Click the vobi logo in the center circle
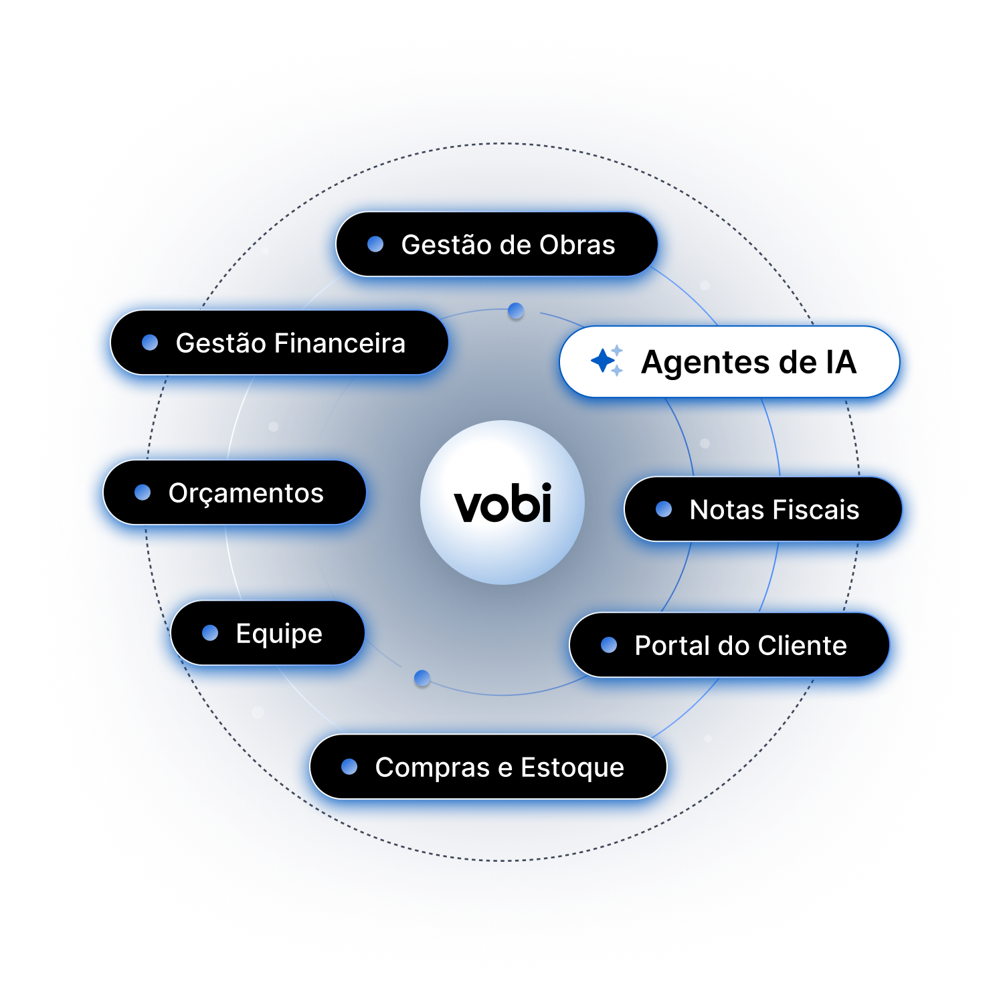(502, 503)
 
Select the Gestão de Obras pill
(496, 244)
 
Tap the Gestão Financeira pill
(279, 343)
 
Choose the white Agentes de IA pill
(729, 362)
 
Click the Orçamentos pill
(234, 492)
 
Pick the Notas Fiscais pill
(763, 509)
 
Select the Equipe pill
(268, 633)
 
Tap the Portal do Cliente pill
(729, 645)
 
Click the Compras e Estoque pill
(488, 767)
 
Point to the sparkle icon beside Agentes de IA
(607, 361)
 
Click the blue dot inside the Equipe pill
(210, 633)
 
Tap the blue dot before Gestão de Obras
(375, 244)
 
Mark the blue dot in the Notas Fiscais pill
(664, 509)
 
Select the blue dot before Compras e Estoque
(349, 767)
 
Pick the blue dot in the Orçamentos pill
(143, 492)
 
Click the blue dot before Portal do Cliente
(609, 645)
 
